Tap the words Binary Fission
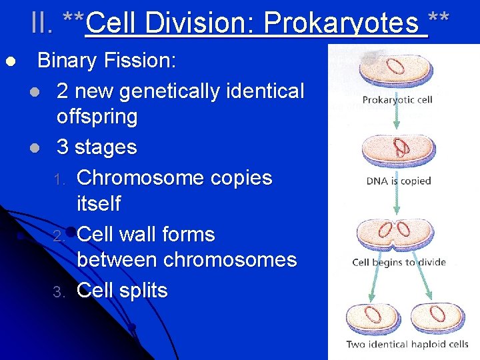coord(107,61)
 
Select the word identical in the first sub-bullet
coord(263,90)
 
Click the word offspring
coord(97,117)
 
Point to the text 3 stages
coord(97,147)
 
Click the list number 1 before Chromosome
coord(61,179)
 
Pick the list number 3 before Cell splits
coord(61,292)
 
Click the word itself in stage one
coord(99,203)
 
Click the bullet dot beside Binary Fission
coord(10,62)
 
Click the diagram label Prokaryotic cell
coord(397,100)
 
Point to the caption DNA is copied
coord(399,181)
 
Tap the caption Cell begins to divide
coord(399,262)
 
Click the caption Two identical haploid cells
coord(407,345)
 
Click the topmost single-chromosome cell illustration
coord(396,69)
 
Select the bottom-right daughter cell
coord(439,317)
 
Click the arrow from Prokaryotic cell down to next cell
coord(398,119)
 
